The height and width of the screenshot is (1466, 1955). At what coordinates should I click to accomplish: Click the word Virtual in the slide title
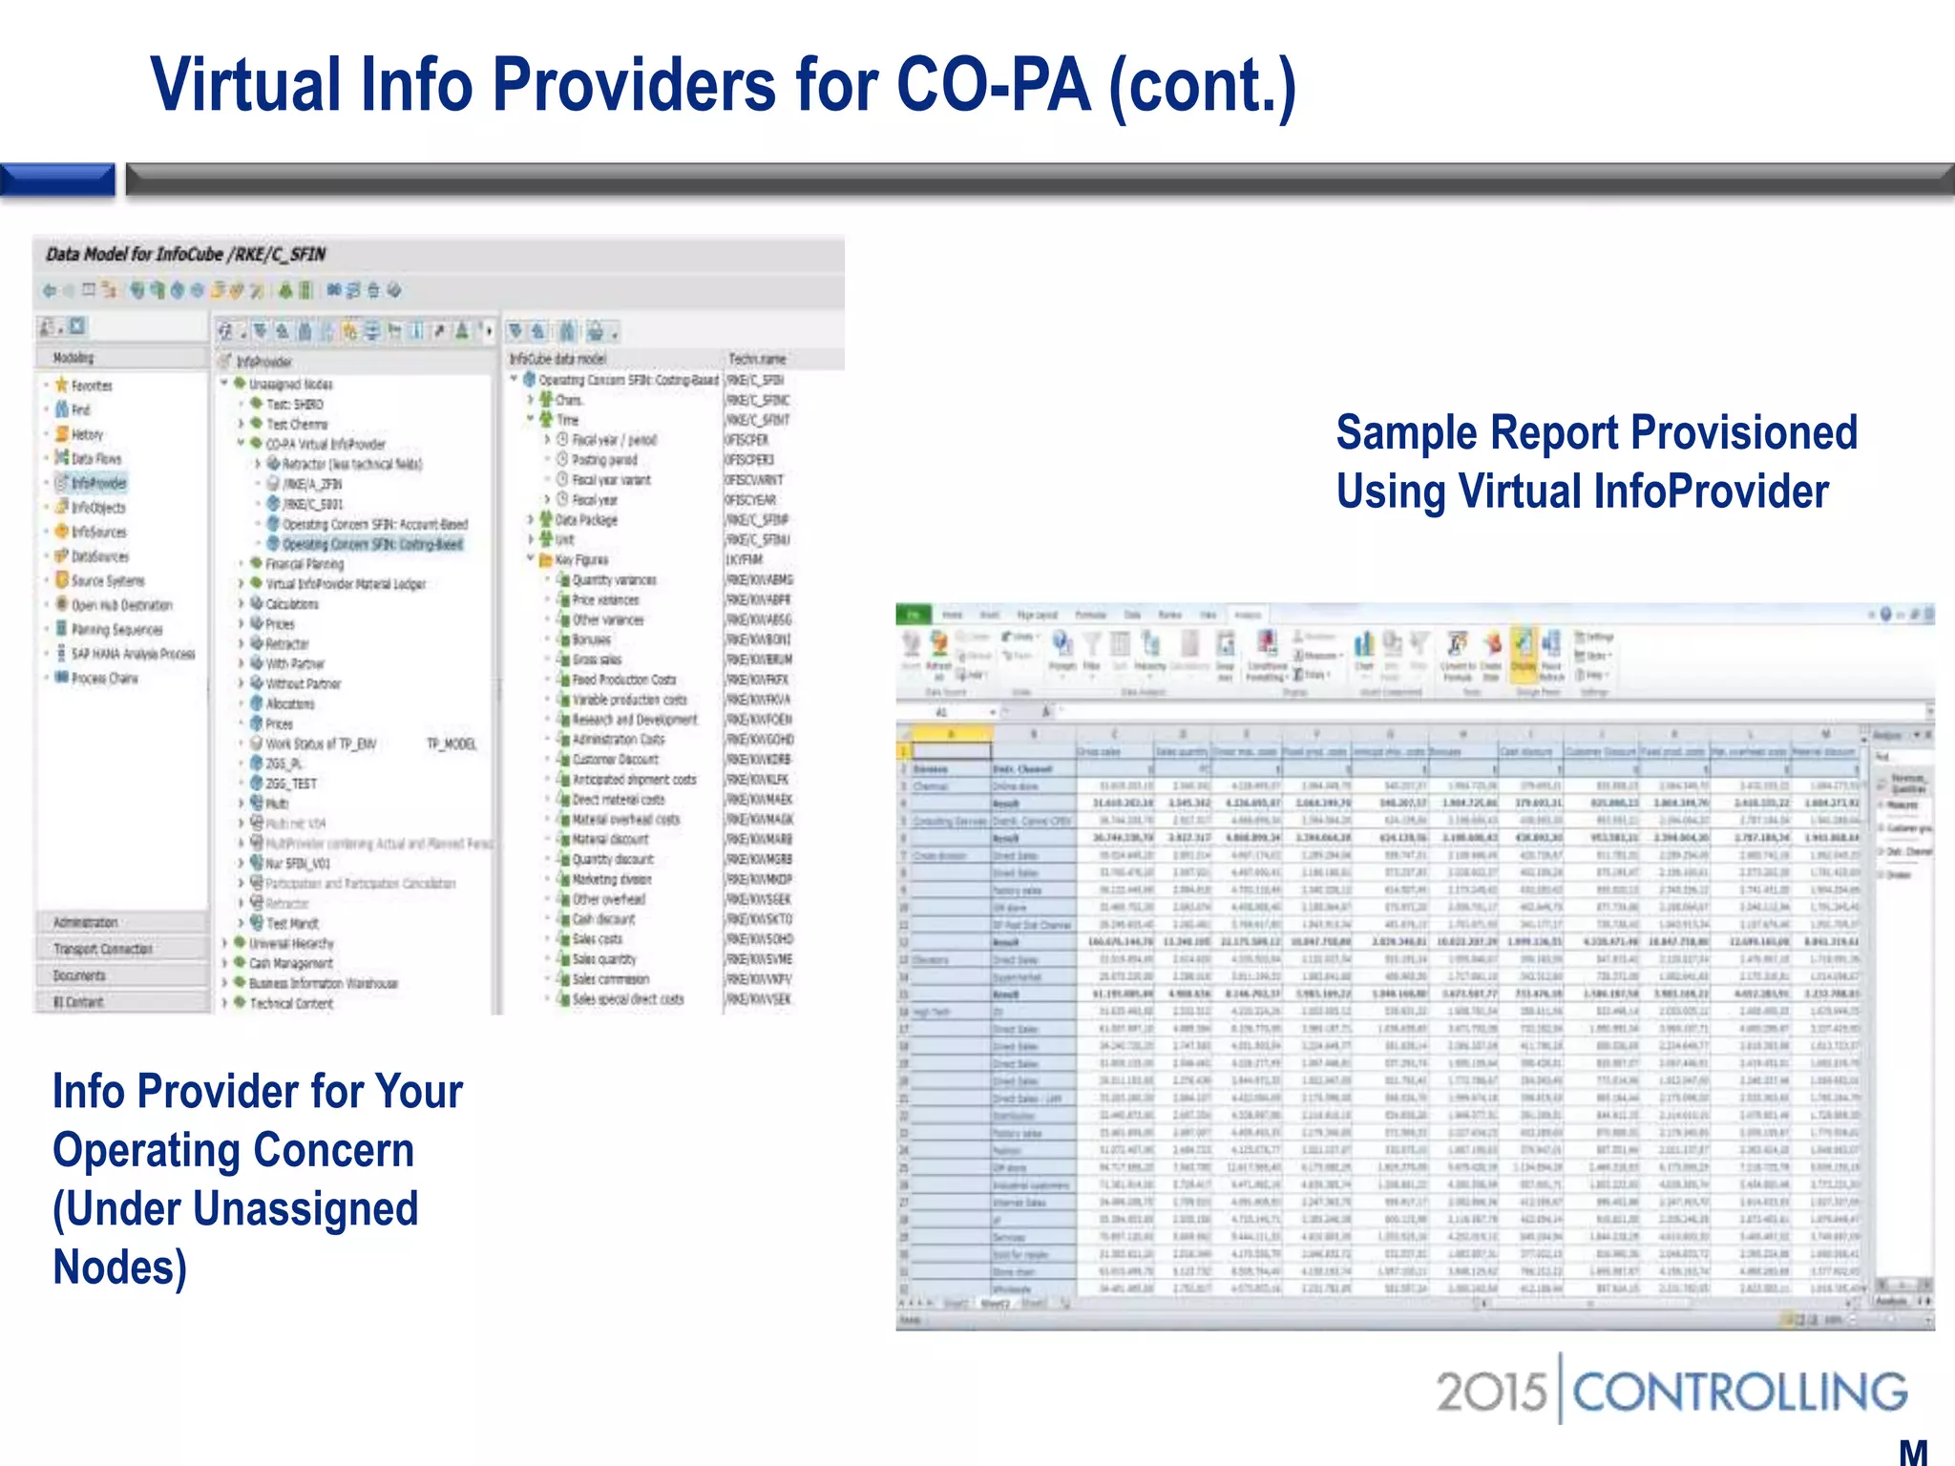click(x=245, y=86)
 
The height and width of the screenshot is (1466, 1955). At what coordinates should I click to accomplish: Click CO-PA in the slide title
click(x=993, y=86)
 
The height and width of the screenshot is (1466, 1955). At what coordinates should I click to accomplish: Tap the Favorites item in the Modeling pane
click(x=91, y=386)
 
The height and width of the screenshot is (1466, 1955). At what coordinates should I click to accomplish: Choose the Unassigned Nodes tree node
click(x=290, y=384)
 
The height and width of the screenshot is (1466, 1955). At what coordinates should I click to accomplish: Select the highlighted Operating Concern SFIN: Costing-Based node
click(x=371, y=544)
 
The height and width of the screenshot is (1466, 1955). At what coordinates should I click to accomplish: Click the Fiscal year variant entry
click(x=610, y=480)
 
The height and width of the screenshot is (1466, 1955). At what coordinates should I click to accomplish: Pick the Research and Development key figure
click(x=634, y=720)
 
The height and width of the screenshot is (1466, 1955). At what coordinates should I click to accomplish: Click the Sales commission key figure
click(x=610, y=979)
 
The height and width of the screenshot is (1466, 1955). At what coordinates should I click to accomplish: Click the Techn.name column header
click(x=757, y=359)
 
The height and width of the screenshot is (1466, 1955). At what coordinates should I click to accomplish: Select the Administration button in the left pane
click(x=86, y=922)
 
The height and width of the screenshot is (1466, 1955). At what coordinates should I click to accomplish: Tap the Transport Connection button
click(x=102, y=949)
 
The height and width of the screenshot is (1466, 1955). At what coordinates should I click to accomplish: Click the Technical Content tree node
click(x=291, y=1003)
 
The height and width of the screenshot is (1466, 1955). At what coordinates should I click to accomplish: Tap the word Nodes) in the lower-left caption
click(x=119, y=1267)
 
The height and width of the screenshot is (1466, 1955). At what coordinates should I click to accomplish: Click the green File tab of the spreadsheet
click(x=913, y=615)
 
